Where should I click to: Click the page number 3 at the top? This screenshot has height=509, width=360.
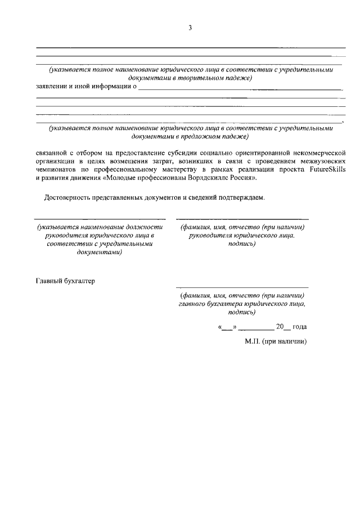(x=190, y=27)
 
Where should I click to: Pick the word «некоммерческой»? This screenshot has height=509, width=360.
(x=319, y=152)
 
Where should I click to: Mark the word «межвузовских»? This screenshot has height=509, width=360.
(x=322, y=160)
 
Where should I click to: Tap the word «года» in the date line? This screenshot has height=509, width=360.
(x=300, y=326)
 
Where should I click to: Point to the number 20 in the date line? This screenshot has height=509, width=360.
(x=280, y=326)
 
